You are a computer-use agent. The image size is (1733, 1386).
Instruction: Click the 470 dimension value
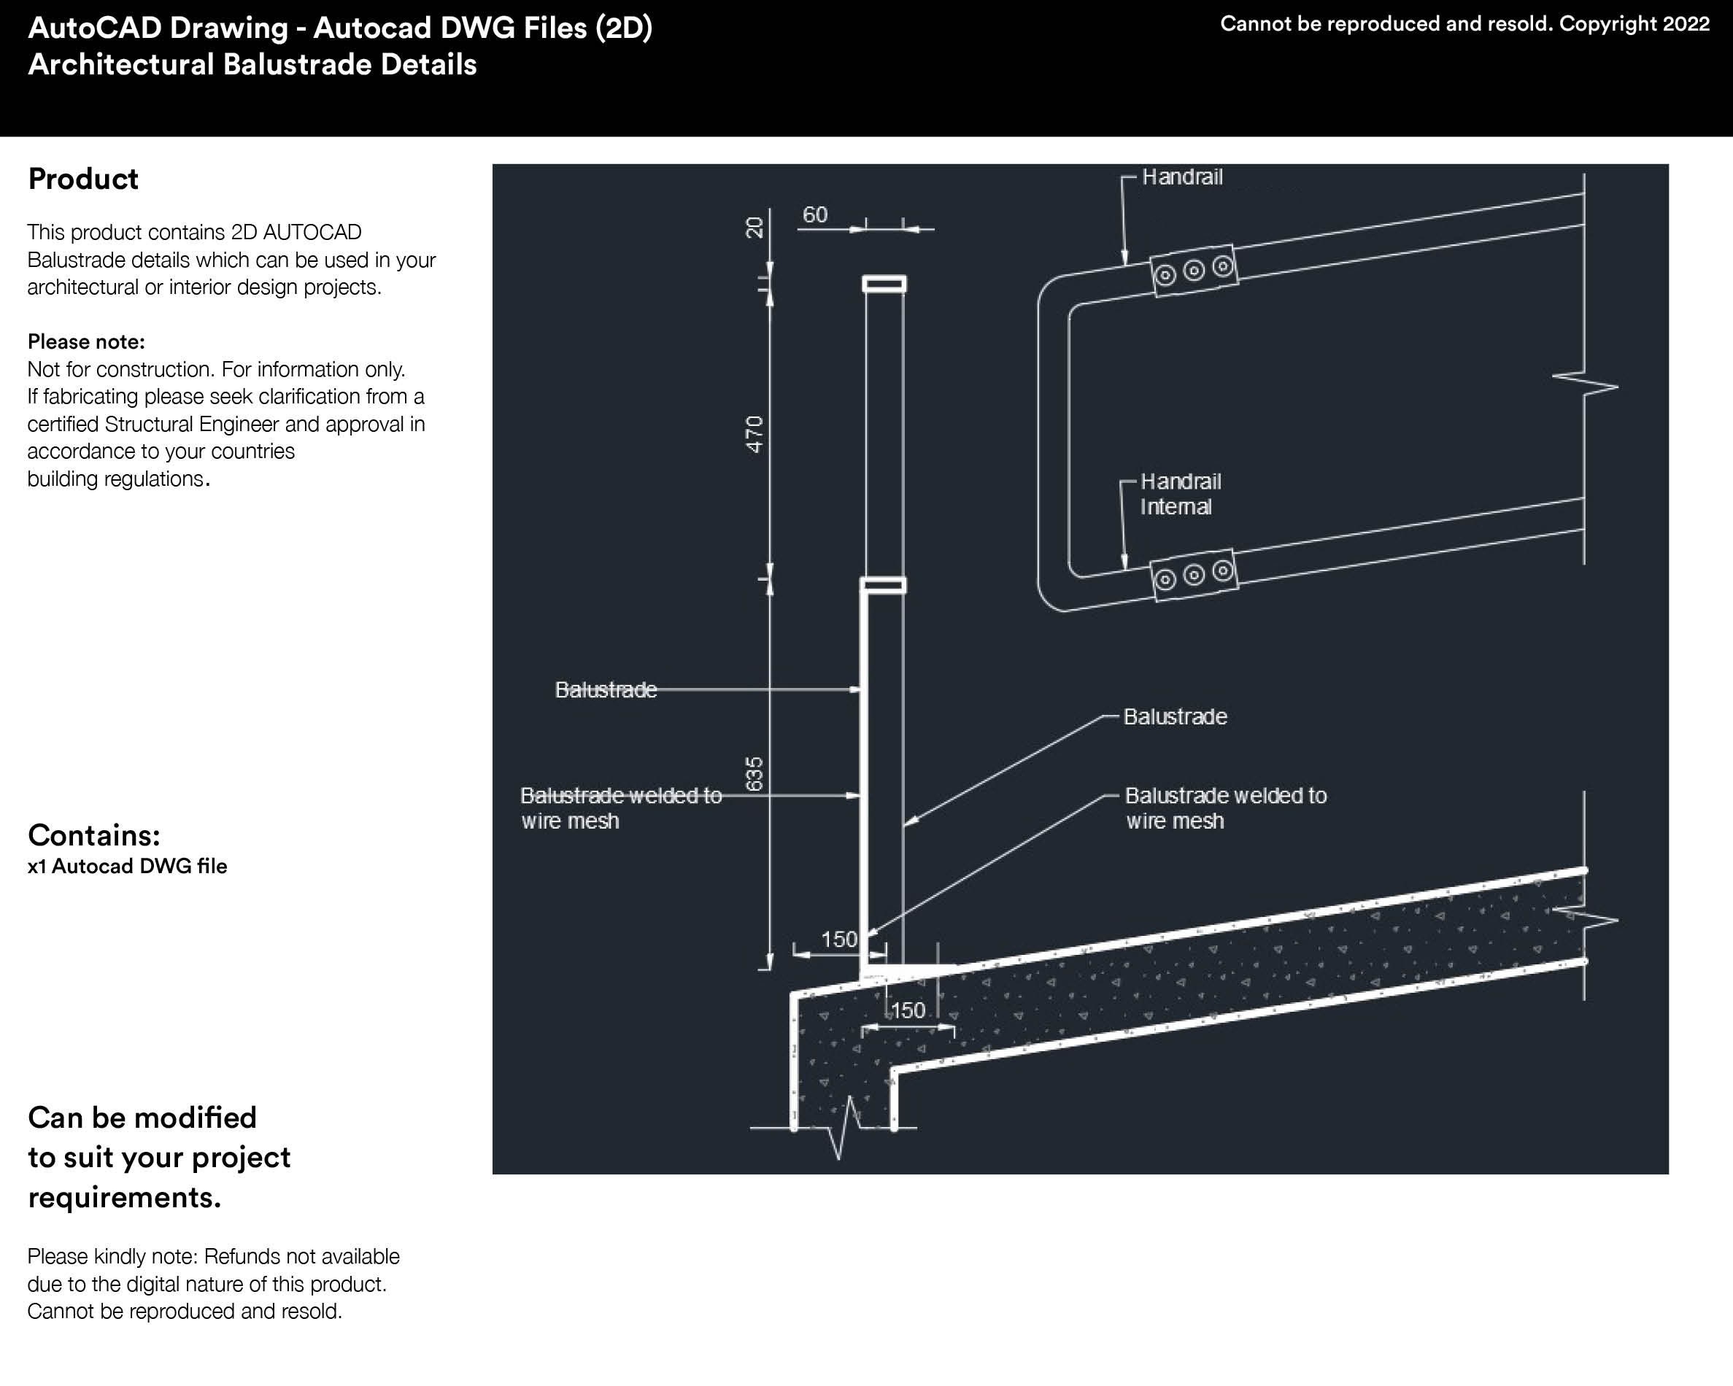(754, 434)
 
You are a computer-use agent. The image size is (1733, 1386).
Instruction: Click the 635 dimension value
(754, 773)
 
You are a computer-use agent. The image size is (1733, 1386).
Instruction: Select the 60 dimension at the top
(814, 214)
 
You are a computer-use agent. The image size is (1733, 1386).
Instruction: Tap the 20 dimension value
(754, 228)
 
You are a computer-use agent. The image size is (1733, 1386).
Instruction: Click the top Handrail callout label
(1181, 177)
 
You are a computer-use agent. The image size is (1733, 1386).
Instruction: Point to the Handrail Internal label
(1179, 494)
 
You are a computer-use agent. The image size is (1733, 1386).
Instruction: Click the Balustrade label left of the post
(605, 689)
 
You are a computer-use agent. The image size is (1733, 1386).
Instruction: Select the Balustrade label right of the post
(1174, 716)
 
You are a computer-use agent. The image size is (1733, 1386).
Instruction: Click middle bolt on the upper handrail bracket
(1194, 271)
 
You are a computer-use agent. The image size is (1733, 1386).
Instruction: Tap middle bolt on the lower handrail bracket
(1194, 575)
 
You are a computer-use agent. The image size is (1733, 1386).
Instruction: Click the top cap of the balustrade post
(884, 284)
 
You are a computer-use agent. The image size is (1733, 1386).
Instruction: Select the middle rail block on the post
(884, 585)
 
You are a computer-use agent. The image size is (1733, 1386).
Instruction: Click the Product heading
(82, 179)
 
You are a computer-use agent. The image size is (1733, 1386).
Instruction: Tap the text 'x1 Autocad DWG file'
(127, 866)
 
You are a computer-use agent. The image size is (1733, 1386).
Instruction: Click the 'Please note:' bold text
(86, 341)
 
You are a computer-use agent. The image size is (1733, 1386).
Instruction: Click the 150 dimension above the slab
(838, 940)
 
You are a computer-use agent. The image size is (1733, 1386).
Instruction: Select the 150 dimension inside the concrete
(908, 1010)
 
